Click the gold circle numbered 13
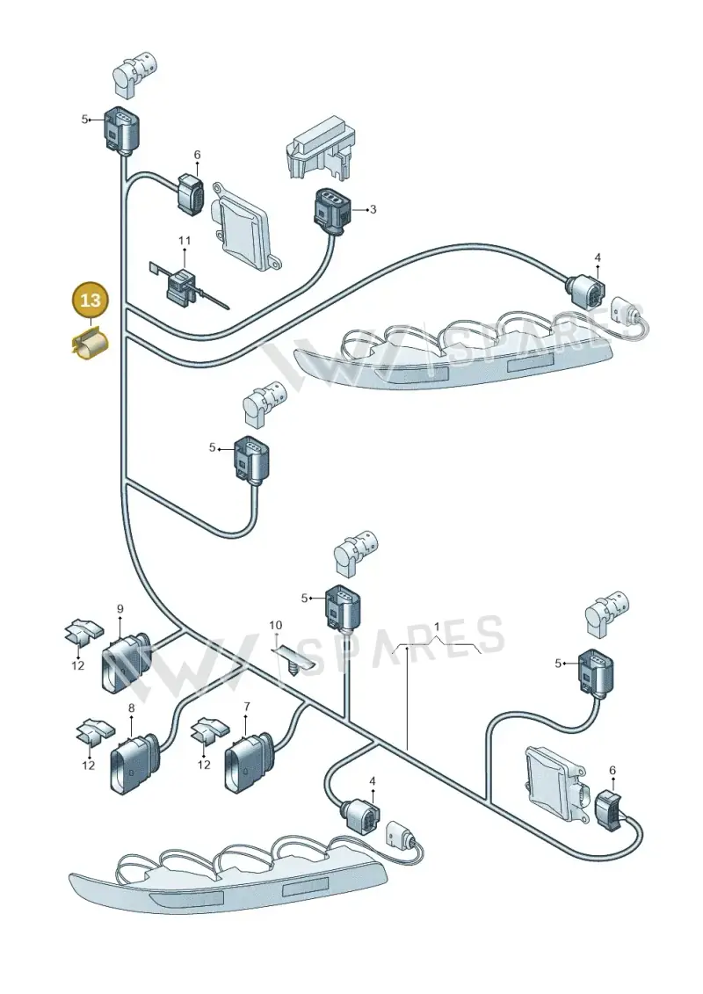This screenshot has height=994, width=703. point(91,300)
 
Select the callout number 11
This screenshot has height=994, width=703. point(184,240)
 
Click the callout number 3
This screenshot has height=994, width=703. point(373,209)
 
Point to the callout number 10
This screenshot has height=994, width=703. point(275,626)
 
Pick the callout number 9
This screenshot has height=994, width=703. point(120,609)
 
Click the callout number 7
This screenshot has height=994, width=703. point(246,707)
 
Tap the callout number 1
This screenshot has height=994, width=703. point(436,627)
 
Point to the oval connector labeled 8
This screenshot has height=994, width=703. point(134,763)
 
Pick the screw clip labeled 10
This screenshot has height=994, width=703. point(294,659)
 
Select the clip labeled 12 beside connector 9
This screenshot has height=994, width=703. point(84,631)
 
